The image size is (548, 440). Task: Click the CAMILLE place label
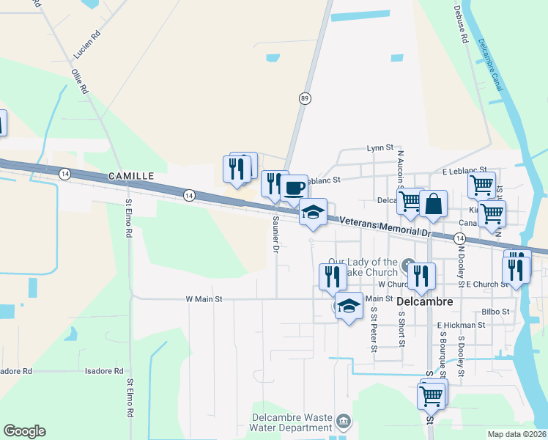click(x=131, y=176)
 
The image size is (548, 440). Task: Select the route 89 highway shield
click(x=303, y=98)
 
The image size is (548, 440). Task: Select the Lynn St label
click(x=380, y=147)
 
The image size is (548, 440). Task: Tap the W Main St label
click(x=204, y=299)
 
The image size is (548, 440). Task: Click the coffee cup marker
click(x=294, y=188)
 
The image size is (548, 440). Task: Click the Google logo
click(x=24, y=430)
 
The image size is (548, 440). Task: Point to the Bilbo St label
click(x=496, y=312)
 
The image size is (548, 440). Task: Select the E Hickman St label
click(x=461, y=325)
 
